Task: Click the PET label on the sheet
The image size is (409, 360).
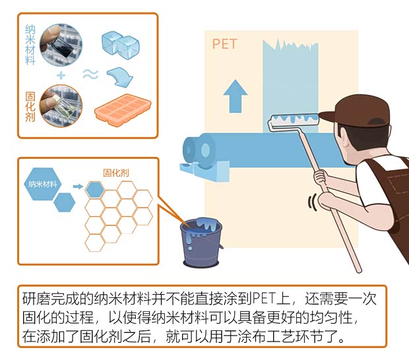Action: click(x=224, y=44)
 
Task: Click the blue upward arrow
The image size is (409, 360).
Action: click(x=236, y=96)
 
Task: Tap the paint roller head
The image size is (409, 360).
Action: click(x=295, y=119)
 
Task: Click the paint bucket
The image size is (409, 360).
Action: click(x=201, y=242)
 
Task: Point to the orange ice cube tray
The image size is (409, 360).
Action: click(x=123, y=108)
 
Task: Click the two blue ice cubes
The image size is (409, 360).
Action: click(x=120, y=45)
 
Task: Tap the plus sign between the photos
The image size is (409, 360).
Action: click(x=61, y=76)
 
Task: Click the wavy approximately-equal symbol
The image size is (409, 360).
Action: click(x=90, y=75)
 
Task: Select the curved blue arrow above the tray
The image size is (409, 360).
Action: click(x=120, y=77)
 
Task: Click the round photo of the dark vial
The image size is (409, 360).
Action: click(x=61, y=44)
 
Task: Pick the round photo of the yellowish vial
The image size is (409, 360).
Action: click(x=61, y=106)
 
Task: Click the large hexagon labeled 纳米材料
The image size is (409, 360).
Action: click(x=42, y=184)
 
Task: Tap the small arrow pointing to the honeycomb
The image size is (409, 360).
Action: click(x=78, y=187)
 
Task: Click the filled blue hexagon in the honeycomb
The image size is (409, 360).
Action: click(x=95, y=189)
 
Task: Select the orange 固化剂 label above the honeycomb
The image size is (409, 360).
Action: click(x=116, y=173)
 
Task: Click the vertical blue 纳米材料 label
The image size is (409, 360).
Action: click(x=30, y=45)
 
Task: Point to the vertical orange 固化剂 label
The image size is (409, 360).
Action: click(x=30, y=107)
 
